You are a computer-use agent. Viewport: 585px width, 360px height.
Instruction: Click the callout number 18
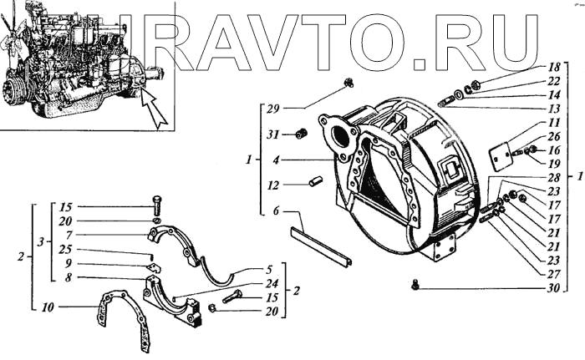pos(552,66)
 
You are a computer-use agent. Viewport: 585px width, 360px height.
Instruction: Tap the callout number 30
pos(552,290)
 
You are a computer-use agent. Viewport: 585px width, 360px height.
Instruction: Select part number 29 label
pos(272,109)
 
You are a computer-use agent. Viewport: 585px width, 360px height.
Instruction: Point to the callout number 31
pos(272,134)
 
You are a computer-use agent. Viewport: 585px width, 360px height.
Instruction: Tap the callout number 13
pos(552,109)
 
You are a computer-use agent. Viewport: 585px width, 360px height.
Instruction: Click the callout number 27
pos(552,272)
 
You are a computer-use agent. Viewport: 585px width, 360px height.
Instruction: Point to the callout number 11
pos(552,123)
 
